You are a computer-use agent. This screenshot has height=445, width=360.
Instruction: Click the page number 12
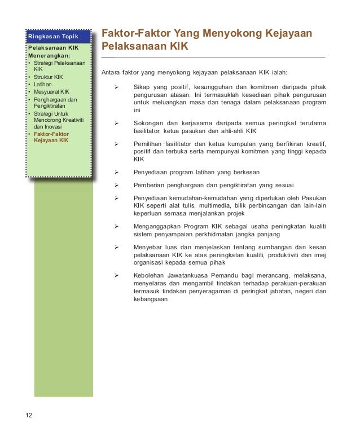pyautogui.click(x=29, y=416)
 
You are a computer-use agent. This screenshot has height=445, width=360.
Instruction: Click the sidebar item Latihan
pyautogui.click(x=43, y=84)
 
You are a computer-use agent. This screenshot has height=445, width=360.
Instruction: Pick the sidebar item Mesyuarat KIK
pyautogui.click(x=51, y=91)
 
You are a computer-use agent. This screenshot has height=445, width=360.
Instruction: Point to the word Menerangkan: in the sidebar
pyautogui.click(x=50, y=56)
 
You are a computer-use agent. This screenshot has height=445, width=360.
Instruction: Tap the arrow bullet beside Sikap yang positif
pyautogui.click(x=117, y=87)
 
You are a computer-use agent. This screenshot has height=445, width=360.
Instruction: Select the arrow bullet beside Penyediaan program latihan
pyautogui.click(x=117, y=171)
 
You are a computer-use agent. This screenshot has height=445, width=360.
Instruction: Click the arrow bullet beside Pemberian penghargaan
pyautogui.click(x=117, y=184)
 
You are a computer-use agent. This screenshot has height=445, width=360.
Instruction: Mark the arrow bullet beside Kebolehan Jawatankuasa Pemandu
pyautogui.click(x=117, y=275)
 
